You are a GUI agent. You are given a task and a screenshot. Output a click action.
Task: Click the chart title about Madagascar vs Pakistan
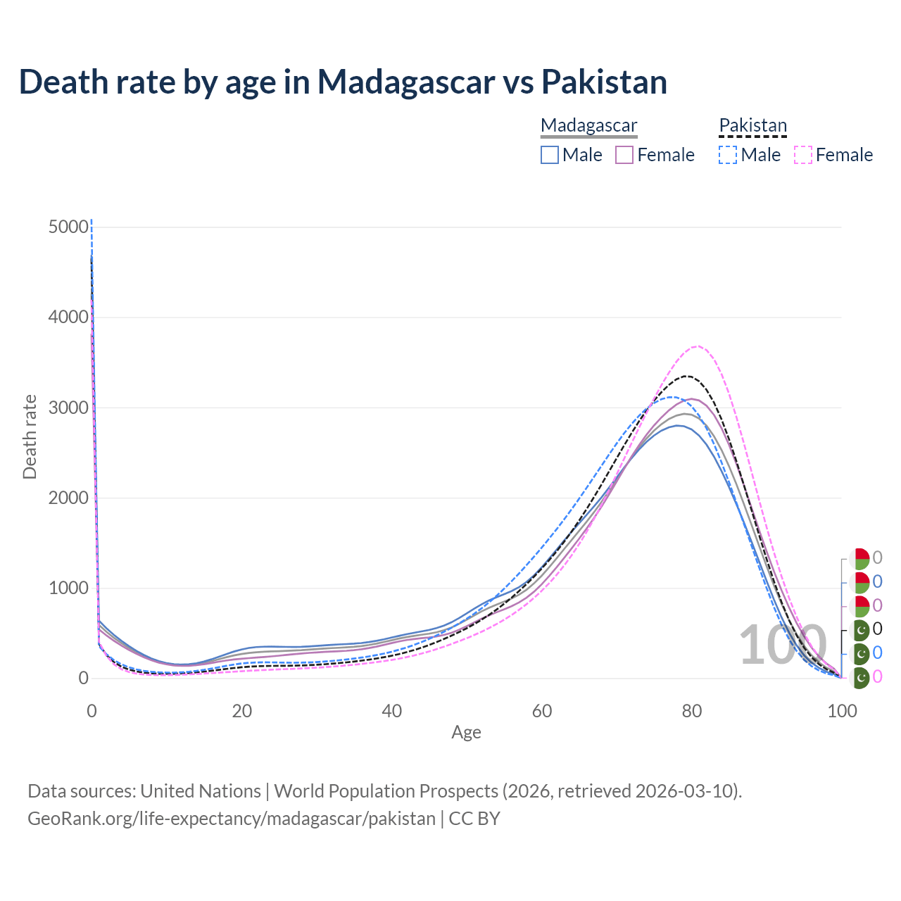click(343, 82)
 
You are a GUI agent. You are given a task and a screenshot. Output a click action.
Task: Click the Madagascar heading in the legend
click(588, 125)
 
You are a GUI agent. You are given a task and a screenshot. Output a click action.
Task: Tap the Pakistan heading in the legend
click(752, 125)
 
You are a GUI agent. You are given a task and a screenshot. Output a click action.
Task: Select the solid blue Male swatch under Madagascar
click(550, 155)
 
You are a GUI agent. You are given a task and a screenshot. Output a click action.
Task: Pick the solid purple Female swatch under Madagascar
click(624, 155)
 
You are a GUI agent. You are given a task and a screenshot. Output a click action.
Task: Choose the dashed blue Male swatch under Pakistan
click(728, 155)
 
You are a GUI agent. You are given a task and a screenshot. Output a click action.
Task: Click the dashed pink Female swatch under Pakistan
click(803, 155)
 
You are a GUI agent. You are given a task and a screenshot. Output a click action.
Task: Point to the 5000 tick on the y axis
click(69, 227)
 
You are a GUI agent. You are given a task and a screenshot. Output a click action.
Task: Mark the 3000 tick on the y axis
click(69, 408)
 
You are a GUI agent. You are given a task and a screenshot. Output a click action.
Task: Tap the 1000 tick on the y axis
click(69, 588)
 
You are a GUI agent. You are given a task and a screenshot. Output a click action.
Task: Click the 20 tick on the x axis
click(241, 711)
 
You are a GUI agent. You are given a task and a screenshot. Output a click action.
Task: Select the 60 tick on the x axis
click(541, 711)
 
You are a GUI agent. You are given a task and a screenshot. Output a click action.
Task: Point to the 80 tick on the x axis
click(692, 711)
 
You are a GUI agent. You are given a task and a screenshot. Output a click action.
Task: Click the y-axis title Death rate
click(30, 436)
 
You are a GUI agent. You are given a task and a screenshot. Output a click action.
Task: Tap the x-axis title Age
click(466, 732)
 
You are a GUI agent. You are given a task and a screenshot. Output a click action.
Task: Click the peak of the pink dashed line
click(697, 346)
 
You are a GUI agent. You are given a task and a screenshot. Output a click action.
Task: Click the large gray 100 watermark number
click(783, 644)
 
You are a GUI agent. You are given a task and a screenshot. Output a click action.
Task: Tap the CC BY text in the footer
click(474, 819)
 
